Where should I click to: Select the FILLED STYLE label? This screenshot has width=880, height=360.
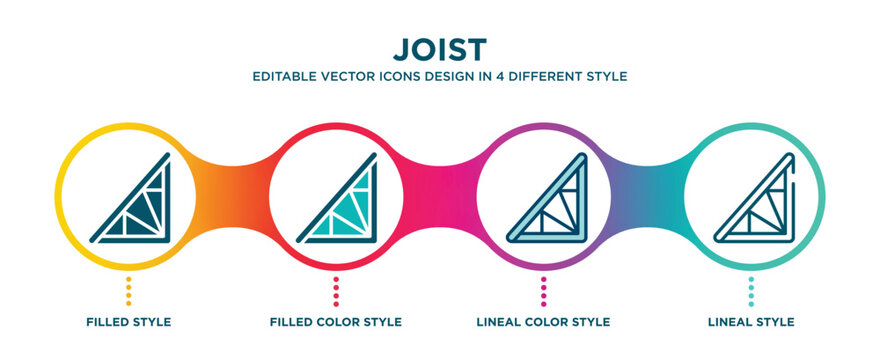128,322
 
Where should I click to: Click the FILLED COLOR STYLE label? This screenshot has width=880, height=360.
336,322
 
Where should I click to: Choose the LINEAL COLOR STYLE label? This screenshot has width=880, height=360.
544,322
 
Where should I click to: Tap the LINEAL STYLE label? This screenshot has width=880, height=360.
752,322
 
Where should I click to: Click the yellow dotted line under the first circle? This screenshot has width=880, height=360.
128,291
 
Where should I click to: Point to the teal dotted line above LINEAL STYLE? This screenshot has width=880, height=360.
752,291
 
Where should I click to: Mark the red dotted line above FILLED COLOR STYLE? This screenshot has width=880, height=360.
336,291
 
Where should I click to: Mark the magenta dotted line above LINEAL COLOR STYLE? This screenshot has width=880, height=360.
544,291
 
